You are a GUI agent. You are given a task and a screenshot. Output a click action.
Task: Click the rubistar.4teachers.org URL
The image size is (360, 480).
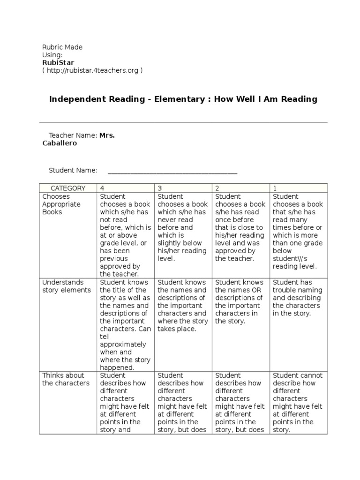[x=92, y=70]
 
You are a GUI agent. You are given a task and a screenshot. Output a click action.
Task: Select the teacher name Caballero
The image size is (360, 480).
[x=60, y=143]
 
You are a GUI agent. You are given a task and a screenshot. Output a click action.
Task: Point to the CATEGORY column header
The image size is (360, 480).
[x=68, y=188]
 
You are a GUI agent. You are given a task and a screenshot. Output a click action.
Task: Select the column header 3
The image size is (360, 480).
[x=160, y=188]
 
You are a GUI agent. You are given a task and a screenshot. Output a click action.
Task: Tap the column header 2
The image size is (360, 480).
[x=217, y=188]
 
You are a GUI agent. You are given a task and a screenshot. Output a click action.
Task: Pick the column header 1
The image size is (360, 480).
[x=275, y=188]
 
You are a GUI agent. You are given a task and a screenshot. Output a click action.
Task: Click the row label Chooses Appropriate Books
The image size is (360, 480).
[x=61, y=204]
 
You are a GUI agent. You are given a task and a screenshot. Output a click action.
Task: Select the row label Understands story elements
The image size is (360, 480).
[x=67, y=286]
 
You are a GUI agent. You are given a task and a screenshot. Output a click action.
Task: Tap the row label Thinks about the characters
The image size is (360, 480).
[x=66, y=379]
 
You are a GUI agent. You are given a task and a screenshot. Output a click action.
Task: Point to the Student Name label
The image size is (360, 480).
[x=73, y=170]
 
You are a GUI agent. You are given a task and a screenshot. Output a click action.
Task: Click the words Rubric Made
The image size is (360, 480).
[x=62, y=47]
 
